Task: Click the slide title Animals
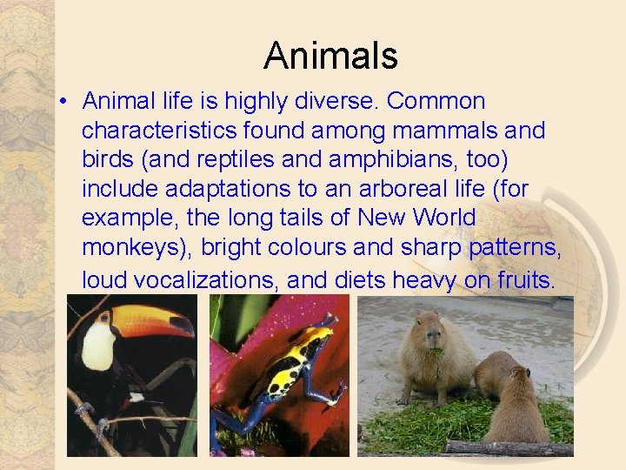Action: click(x=330, y=56)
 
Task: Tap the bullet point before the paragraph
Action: click(x=64, y=103)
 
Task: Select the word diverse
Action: click(x=336, y=102)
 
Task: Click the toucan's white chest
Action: click(x=97, y=346)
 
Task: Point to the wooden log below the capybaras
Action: click(x=509, y=447)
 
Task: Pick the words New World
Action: click(x=417, y=218)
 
